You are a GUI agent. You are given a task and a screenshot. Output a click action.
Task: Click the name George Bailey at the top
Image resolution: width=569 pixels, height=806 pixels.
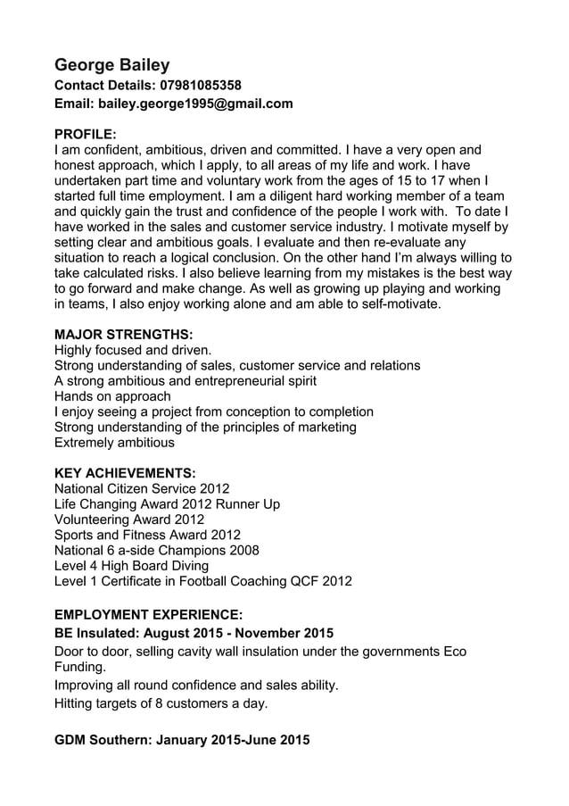(112, 64)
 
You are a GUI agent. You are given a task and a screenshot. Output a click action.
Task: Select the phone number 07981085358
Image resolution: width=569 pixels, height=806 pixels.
(200, 86)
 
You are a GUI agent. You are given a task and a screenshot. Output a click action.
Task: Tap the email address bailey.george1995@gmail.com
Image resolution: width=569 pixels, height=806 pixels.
(195, 104)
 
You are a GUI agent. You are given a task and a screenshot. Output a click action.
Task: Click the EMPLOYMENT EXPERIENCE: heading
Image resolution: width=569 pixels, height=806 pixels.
(148, 615)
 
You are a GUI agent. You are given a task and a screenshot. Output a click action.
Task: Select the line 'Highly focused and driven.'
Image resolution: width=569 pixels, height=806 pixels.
(133, 351)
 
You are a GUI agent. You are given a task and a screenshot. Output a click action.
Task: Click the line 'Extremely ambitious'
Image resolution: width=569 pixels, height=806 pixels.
(114, 442)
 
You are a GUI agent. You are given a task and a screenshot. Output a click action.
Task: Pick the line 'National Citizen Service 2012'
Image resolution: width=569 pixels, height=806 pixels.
(142, 489)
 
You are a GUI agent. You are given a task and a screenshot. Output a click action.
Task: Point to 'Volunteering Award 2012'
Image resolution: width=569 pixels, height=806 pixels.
(129, 519)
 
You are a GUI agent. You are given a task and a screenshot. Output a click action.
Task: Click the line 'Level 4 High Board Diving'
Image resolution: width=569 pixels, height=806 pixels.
(131, 565)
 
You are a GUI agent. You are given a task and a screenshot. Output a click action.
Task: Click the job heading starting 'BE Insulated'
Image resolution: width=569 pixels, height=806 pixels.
(194, 634)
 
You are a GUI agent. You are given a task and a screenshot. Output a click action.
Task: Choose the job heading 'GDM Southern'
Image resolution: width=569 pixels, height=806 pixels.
(182, 740)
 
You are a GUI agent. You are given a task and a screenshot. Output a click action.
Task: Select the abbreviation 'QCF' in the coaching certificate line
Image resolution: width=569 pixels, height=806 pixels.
(303, 581)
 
